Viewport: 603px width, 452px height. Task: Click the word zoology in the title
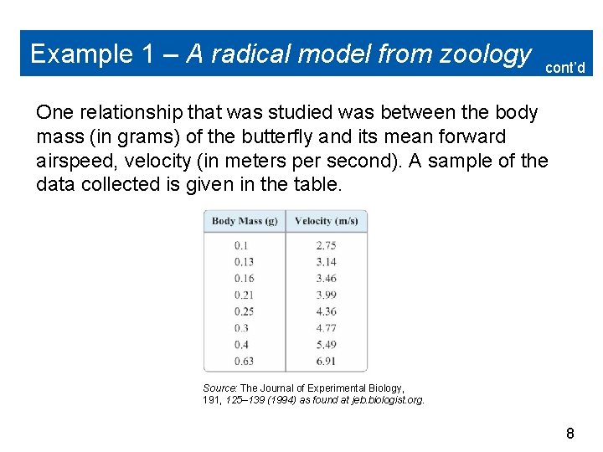click(487, 54)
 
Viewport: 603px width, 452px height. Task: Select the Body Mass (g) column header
click(245, 221)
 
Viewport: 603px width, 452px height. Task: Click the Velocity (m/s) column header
click(327, 221)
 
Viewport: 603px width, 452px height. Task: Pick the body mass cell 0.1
click(241, 245)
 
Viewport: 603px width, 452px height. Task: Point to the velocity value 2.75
click(326, 245)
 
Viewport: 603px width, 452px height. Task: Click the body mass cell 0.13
click(244, 262)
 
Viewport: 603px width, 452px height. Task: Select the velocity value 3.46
click(326, 279)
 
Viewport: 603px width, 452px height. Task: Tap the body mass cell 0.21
click(244, 295)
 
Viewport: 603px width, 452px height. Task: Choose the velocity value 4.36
click(326, 311)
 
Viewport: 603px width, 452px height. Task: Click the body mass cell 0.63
click(244, 361)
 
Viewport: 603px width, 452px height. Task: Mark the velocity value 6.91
click(326, 361)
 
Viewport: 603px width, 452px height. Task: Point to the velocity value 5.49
click(326, 345)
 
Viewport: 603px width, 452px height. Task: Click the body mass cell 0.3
click(241, 328)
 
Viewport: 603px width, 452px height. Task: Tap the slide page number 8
click(570, 433)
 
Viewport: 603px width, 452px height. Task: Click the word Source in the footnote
click(220, 388)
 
